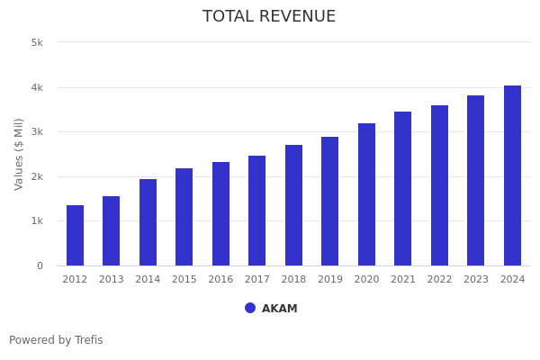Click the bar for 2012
75,236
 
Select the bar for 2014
148,222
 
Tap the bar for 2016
220,214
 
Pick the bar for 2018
293,205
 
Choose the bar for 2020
366,194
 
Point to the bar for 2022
439,185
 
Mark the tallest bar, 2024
512,175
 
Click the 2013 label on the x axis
112,280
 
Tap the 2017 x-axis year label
257,280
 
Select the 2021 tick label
403,280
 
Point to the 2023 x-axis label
476,280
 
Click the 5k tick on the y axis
37,42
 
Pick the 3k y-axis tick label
37,132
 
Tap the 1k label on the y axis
37,221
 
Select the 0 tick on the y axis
40,265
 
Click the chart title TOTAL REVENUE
269,17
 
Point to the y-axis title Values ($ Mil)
19,154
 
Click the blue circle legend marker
250,308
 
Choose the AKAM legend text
280,309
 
